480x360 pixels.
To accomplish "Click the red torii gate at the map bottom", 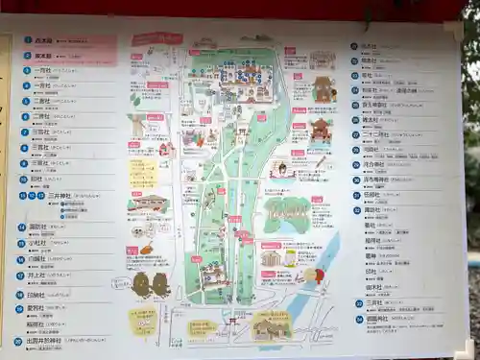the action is coord(231,321).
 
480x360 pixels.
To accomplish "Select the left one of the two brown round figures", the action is coord(141,284).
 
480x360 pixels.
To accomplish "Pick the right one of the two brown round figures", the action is coord(161,284).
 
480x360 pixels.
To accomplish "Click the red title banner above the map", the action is coord(156,39).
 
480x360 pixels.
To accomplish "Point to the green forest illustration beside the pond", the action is coord(288,213).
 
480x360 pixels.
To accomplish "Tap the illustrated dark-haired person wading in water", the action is coord(281,170).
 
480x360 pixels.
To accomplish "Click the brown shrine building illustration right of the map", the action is coord(324,89).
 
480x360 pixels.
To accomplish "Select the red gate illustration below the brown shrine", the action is coord(321,129).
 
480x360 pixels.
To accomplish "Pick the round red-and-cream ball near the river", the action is coord(314,276).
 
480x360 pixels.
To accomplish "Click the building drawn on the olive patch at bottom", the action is coord(271,325).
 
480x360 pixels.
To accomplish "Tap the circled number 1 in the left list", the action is coord(28,40).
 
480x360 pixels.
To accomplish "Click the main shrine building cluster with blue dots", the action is coord(239,76).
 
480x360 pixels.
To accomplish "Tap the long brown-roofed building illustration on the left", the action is coord(148,204).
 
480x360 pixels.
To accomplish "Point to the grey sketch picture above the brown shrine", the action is coord(322,60).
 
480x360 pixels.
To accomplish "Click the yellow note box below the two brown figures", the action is coord(143,319).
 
